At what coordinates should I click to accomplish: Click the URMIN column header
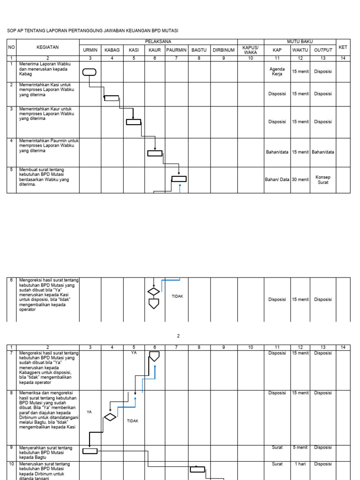point(90,50)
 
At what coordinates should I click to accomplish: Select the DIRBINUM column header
point(224,50)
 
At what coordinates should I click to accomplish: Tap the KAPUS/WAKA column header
point(250,50)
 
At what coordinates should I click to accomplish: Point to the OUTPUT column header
point(323,50)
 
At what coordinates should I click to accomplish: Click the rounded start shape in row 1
point(90,72)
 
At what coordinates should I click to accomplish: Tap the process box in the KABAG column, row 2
point(112,98)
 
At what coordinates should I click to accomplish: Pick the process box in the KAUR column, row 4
point(155,153)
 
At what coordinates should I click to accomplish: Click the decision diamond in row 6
point(154,292)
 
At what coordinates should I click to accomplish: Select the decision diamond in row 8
point(110,417)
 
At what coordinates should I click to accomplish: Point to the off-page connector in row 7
point(154,356)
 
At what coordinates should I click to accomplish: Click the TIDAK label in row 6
point(177,296)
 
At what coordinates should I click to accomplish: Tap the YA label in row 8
point(89,412)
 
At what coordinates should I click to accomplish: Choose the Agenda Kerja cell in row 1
point(277,72)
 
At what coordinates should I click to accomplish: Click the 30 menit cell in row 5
point(300,180)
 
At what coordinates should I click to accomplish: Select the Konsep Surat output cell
point(323,180)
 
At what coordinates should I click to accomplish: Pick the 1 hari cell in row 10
point(300,464)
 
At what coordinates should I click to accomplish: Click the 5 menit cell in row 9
point(300,448)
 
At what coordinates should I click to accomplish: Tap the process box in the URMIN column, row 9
point(90,451)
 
